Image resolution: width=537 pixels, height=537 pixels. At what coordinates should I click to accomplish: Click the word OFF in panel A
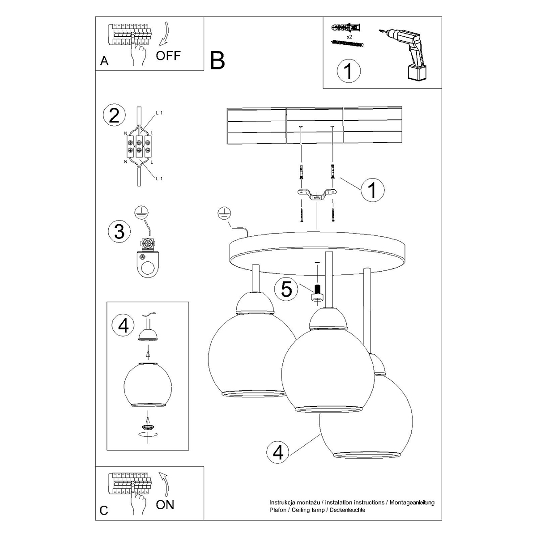click(169, 55)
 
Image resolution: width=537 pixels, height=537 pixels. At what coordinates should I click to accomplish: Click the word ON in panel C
click(165, 505)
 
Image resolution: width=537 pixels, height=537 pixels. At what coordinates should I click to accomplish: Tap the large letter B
click(217, 61)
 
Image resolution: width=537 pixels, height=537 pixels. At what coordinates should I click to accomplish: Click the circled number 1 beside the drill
click(348, 71)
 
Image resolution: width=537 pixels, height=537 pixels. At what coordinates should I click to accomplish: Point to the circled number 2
click(114, 116)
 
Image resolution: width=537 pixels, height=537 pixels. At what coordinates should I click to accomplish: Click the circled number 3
click(119, 231)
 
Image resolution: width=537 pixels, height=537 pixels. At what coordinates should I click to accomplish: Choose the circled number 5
click(286, 289)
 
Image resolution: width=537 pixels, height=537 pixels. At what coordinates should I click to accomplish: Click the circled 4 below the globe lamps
click(278, 453)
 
